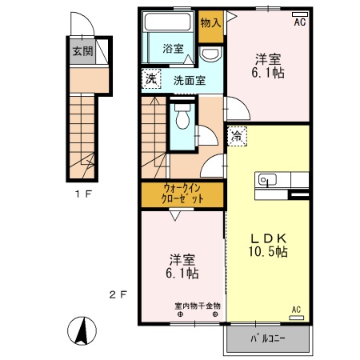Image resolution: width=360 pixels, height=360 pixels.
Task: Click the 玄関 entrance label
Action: (83, 51)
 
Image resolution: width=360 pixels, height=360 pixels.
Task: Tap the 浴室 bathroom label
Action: (174, 49)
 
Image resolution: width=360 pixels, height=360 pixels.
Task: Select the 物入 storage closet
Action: (211, 26)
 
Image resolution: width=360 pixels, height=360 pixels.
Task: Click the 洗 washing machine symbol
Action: (151, 78)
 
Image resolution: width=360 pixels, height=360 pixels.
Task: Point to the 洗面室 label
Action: (190, 80)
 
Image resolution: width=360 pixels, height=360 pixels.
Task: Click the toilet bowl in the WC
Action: (182, 118)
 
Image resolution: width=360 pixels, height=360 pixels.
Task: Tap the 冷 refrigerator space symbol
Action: (237, 136)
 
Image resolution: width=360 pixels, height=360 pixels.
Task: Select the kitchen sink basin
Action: (267, 180)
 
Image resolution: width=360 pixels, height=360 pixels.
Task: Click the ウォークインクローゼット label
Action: (182, 194)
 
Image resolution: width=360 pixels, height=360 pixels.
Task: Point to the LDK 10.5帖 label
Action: (268, 245)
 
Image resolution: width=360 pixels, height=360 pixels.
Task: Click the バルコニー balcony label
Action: (268, 338)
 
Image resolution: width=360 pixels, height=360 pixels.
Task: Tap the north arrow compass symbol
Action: (82, 331)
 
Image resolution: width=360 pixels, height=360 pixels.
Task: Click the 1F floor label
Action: (83, 194)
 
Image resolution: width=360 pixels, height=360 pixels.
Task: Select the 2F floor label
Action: (118, 294)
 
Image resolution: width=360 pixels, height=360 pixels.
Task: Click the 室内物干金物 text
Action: (198, 306)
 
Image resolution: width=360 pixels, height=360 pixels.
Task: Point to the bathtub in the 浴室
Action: (167, 22)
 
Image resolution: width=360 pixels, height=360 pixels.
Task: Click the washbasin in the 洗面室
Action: (210, 54)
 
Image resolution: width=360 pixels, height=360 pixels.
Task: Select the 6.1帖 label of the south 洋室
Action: (182, 273)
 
